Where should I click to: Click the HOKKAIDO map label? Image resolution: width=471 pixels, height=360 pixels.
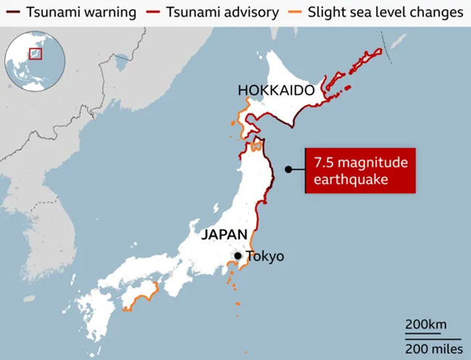[275, 91]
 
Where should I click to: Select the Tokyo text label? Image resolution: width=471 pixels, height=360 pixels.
[265, 256]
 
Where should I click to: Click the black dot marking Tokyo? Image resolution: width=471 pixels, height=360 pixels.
[237, 256]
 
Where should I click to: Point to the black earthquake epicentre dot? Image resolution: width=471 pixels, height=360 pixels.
[288, 170]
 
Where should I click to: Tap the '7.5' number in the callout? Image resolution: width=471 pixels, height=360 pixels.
[323, 162]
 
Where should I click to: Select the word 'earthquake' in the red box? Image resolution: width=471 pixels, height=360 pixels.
[343, 179]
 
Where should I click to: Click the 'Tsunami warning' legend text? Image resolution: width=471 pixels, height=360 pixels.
[70, 12]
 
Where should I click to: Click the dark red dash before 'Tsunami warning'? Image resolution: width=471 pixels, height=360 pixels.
[12, 12]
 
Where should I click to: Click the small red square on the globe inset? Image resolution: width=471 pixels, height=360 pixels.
[35, 53]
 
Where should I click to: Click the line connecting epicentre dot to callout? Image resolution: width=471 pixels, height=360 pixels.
[298, 170]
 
